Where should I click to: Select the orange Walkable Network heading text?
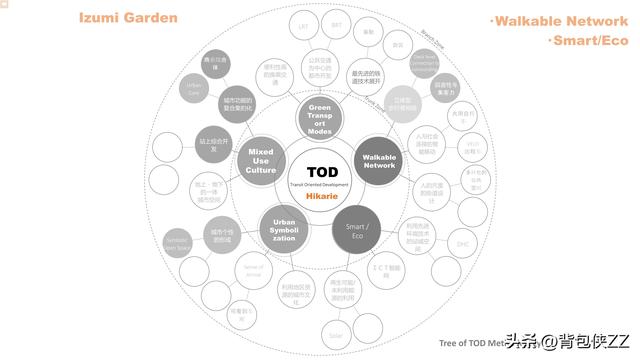(558, 21)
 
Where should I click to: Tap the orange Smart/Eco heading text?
(588, 41)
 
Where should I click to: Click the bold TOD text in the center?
(321, 171)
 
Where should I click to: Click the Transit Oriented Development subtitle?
(321, 186)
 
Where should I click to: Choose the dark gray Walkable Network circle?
(379, 159)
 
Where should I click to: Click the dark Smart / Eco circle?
(357, 228)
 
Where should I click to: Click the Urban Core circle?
(194, 89)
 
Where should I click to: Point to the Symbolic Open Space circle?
(176, 243)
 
